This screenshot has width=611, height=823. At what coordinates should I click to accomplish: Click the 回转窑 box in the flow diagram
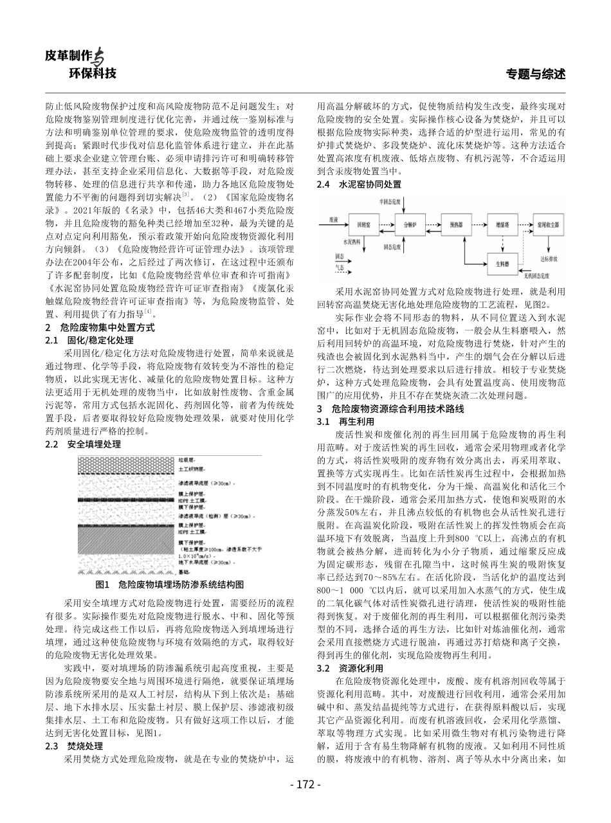pos(362,225)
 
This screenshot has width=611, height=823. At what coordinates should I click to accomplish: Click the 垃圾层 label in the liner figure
pos(187,460)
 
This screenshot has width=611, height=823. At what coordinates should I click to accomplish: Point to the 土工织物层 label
pos(191,469)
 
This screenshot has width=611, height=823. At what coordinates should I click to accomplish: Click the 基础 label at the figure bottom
pos(185,571)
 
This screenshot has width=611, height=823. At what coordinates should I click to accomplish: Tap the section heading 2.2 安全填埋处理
pos(84,444)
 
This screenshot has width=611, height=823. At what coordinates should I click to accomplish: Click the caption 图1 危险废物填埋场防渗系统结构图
pos(170,585)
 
